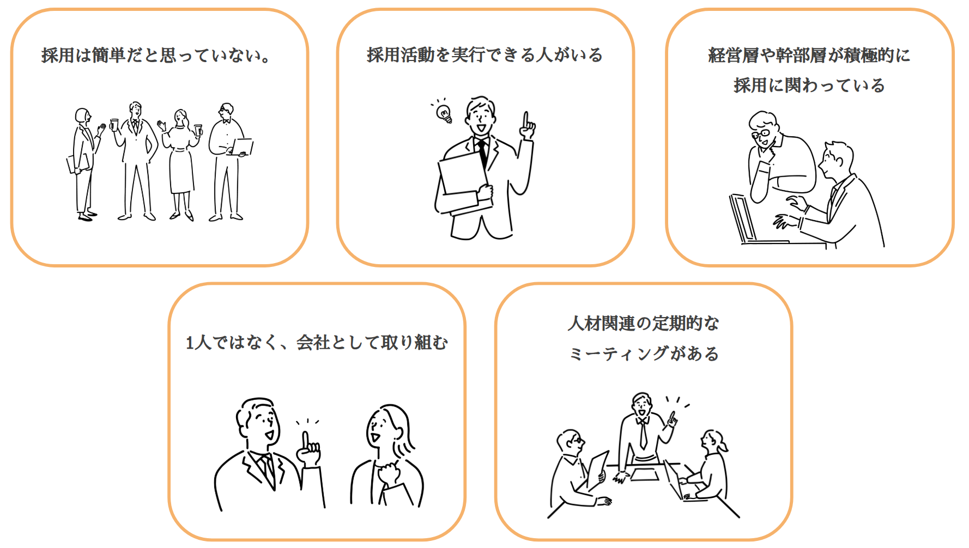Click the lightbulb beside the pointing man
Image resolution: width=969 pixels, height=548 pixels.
[444, 113]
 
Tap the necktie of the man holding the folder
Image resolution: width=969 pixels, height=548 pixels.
[482, 153]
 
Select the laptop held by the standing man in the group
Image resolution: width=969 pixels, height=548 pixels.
[243, 147]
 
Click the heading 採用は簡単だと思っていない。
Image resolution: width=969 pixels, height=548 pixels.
[156, 55]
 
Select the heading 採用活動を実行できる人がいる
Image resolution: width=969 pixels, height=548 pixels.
[484, 55]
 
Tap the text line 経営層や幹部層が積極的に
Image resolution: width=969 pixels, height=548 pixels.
[809, 55]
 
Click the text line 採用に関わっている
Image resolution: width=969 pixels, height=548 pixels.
[809, 86]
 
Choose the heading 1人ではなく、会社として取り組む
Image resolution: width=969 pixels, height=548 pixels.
[317, 343]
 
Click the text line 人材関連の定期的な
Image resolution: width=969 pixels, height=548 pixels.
[643, 323]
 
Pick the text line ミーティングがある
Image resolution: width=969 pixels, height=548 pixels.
[643, 354]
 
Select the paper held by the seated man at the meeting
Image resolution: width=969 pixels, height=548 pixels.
[597, 468]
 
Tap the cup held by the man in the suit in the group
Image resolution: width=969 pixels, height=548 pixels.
[114, 124]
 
